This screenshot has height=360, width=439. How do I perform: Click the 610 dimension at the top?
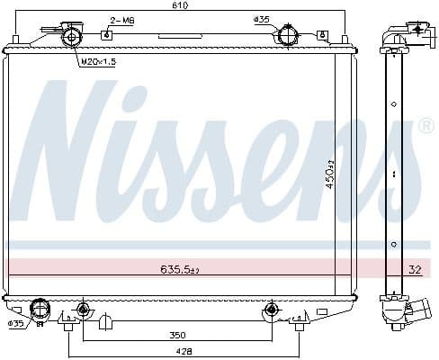tap(184, 5)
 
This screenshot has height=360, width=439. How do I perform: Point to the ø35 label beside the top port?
tap(262, 19)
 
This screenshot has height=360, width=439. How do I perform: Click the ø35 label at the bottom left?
tap(15, 323)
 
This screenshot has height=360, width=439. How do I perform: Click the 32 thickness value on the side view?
tap(415, 268)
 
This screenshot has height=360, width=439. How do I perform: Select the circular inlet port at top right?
tap(287, 37)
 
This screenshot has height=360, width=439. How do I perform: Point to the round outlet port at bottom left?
tap(39, 309)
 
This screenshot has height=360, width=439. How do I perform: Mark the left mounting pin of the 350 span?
tap(83, 310)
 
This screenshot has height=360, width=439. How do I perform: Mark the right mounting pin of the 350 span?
tap(269, 310)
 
